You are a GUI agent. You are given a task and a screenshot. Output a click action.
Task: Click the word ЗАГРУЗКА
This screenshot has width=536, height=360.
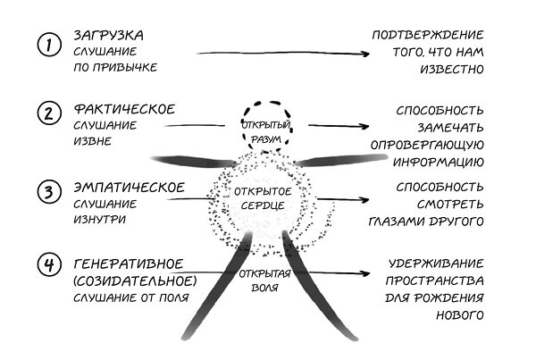(x=108, y=35)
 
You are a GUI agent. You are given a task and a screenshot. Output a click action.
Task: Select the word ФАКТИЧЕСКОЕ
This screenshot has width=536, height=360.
(x=124, y=109)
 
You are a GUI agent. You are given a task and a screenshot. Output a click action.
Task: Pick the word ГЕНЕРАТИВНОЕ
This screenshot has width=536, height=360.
(x=129, y=264)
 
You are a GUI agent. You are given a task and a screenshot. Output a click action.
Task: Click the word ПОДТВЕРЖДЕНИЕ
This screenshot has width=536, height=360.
(x=428, y=35)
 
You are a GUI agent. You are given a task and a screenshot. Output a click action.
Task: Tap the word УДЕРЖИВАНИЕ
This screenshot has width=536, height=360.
(x=437, y=264)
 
